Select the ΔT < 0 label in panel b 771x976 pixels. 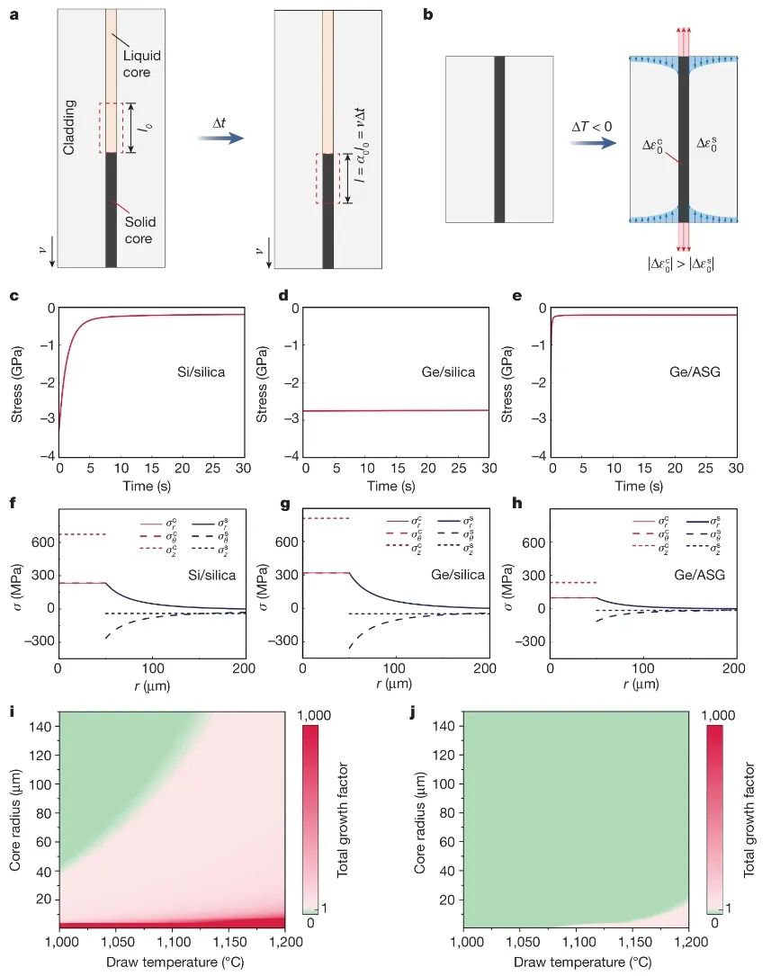click(592, 128)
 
